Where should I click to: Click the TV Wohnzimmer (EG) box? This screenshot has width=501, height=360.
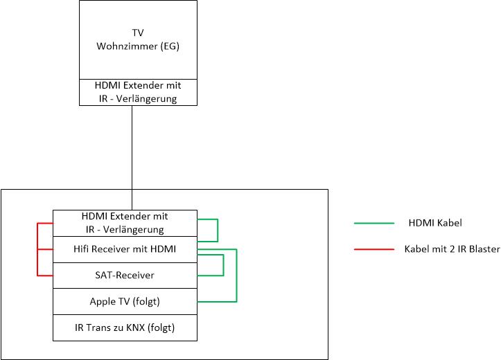coord(139,39)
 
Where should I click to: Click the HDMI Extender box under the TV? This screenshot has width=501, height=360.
coord(139,92)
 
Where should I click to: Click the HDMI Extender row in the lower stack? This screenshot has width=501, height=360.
coord(125,223)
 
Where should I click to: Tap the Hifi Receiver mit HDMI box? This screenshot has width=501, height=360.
coord(125,249)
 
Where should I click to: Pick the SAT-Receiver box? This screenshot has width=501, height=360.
coord(125,276)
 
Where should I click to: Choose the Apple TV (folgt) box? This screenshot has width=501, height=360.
coord(125,301)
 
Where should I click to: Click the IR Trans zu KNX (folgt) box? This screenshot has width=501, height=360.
coord(125,327)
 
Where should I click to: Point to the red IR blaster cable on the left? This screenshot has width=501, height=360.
coord(37,249)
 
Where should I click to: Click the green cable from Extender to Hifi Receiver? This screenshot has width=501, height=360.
coord(218,231)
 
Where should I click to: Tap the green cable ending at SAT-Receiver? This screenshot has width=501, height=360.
coord(223,265)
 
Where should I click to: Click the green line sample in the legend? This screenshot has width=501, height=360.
coord(373,224)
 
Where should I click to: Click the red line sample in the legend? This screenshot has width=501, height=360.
coord(373,249)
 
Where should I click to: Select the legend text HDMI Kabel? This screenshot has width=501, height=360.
coord(435,224)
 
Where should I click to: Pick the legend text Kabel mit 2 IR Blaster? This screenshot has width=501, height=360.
coord(452,249)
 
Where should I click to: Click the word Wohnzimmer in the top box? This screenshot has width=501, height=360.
coord(125,46)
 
